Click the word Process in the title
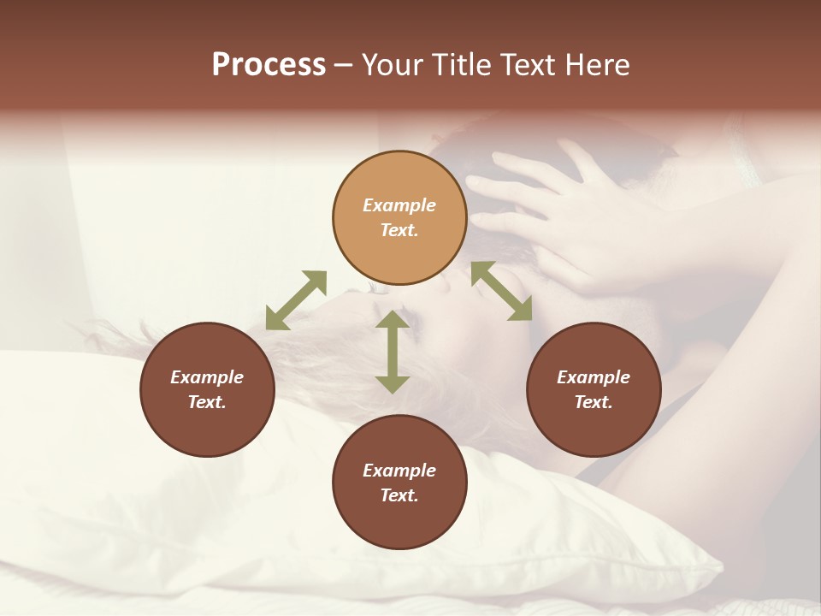point(269,65)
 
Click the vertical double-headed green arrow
point(393,352)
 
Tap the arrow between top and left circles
point(296,300)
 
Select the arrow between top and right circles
point(501,291)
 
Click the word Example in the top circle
point(399,205)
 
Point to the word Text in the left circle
point(207,402)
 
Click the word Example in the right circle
point(594,377)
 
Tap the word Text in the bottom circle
point(399,495)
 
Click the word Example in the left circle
point(207,377)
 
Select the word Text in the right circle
point(594,402)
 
